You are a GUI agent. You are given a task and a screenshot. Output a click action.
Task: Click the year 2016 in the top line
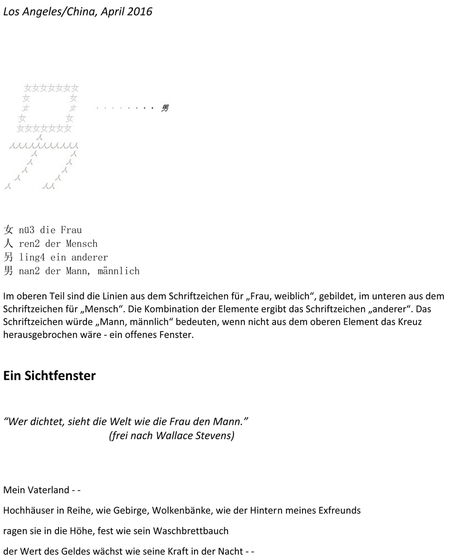point(139,12)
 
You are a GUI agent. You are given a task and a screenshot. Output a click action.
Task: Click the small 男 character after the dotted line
point(165,108)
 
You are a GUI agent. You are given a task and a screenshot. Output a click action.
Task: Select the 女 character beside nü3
point(8,230)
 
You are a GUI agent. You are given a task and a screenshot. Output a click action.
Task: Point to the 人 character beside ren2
point(8,243)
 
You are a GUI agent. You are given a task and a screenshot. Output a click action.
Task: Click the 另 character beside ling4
point(8,257)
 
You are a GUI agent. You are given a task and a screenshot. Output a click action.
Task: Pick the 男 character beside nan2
point(8,271)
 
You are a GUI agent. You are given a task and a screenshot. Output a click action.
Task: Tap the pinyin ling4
point(32,257)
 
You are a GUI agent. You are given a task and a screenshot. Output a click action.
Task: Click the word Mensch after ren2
point(82,243)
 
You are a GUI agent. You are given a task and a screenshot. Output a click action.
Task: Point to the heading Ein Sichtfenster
point(49,376)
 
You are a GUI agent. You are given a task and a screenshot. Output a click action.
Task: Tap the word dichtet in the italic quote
point(47,422)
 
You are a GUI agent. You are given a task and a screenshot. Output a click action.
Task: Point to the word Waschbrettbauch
point(191,531)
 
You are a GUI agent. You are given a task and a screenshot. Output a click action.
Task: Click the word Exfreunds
point(339,510)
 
